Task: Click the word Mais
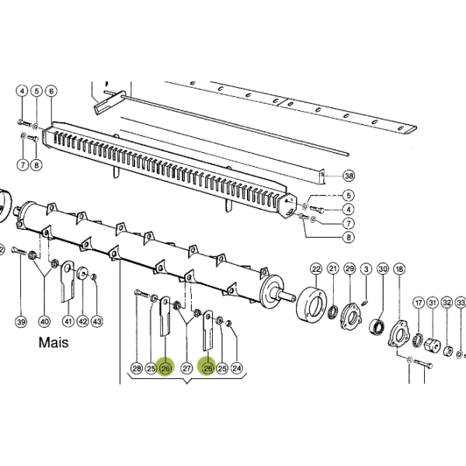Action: coord(54,343)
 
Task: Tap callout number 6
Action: coord(51,91)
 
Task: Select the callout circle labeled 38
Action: coord(349,176)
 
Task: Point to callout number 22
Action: coord(316,270)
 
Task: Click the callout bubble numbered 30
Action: coord(383,269)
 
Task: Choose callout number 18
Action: coord(399,269)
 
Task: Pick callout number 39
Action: coord(21,322)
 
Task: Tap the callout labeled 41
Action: coord(68,322)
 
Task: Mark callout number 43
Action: coord(97,322)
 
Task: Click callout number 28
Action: coord(137,368)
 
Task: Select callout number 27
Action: coord(186,368)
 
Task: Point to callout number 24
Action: coord(237,368)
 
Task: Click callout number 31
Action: coord(433,303)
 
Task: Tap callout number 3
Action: coord(366,269)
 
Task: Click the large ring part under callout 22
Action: coord(311,303)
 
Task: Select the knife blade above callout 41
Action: coord(68,281)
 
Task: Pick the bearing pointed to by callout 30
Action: coord(377,327)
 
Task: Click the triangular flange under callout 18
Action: coord(398,334)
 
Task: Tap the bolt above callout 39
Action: coord(19,250)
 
